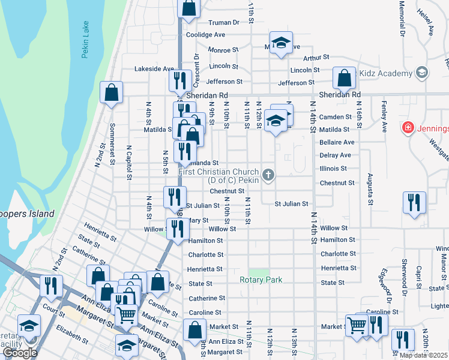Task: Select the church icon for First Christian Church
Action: (x=268, y=175)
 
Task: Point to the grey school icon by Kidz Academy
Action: (x=422, y=73)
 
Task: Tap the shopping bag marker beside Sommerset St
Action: (x=111, y=92)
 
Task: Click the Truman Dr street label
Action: (x=223, y=22)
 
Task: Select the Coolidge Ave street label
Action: (x=205, y=35)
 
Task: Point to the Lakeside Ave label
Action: (x=154, y=69)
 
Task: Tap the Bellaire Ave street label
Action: (x=337, y=142)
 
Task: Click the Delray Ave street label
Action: (x=335, y=155)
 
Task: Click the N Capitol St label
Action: (x=128, y=162)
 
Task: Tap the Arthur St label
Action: (x=316, y=58)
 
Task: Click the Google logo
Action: (x=20, y=352)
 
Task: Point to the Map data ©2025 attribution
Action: (x=423, y=355)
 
